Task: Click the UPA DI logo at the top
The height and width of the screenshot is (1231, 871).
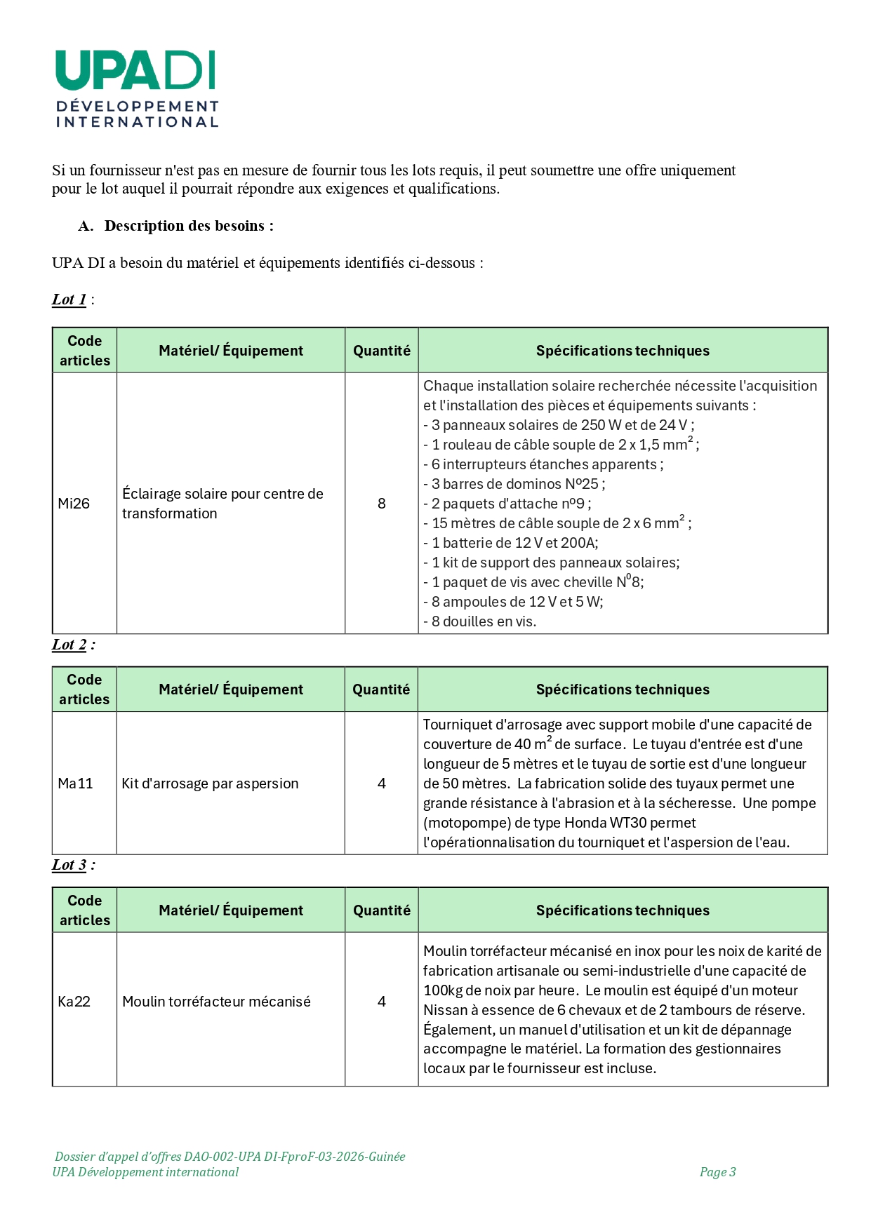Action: [136, 88]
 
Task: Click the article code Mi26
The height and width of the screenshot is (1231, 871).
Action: [74, 504]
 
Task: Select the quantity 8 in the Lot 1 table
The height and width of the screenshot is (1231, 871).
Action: [381, 504]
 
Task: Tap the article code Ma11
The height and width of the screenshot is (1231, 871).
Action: [75, 783]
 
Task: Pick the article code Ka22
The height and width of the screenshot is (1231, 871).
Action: [74, 1002]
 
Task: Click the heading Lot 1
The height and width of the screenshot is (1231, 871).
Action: [69, 300]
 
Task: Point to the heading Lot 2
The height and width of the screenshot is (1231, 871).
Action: [69, 645]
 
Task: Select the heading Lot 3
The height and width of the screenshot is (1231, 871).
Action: [69, 865]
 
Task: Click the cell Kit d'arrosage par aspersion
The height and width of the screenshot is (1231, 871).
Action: [210, 783]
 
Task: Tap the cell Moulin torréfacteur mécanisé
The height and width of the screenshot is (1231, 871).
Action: [216, 1002]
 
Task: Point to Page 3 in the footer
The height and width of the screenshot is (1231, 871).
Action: [717, 1172]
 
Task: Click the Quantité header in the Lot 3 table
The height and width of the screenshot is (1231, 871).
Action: [381, 910]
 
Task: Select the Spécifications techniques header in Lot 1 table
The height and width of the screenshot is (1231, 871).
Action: [623, 351]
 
